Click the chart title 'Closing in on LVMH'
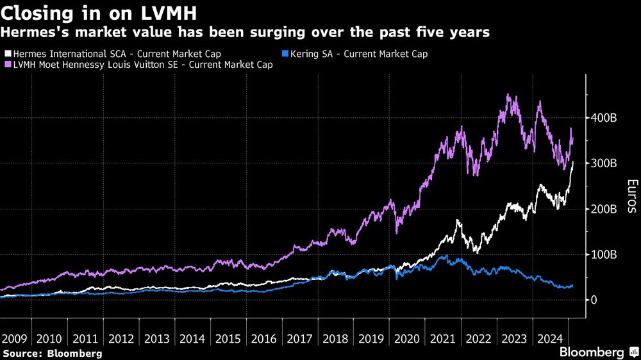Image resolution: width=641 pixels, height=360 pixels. [99, 13]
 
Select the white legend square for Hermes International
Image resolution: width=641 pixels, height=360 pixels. [6, 54]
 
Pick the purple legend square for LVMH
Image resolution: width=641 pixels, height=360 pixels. [6, 65]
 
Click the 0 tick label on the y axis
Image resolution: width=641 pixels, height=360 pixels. [595, 300]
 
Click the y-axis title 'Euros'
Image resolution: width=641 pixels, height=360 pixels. [631, 196]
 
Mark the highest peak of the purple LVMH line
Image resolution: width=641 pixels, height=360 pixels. [508, 95]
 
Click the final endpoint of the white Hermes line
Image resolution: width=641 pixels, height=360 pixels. [573, 162]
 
